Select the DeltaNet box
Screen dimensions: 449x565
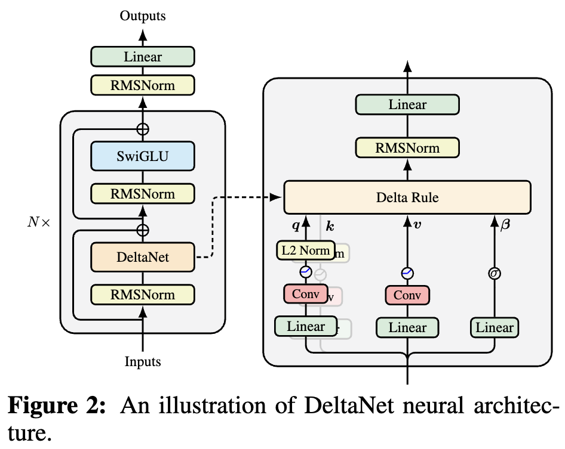[x=143, y=257]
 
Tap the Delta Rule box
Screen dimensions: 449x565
[x=407, y=197]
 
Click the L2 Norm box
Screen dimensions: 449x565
[x=305, y=250]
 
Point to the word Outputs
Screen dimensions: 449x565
[x=143, y=16]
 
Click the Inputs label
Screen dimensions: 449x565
[x=143, y=361]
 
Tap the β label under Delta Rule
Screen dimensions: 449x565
[x=506, y=227]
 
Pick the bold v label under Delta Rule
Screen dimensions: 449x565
[x=417, y=225]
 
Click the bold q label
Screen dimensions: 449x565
[x=294, y=226]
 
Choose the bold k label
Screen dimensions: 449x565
[x=330, y=227]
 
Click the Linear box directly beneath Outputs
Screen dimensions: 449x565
[x=143, y=57]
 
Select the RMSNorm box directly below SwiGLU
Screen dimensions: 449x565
[x=143, y=194]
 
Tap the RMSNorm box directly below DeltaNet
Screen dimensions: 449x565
[x=143, y=295]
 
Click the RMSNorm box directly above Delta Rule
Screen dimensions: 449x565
[x=407, y=148]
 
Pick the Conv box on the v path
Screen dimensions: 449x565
[x=407, y=295]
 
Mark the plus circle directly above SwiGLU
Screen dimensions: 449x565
[x=143, y=128]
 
